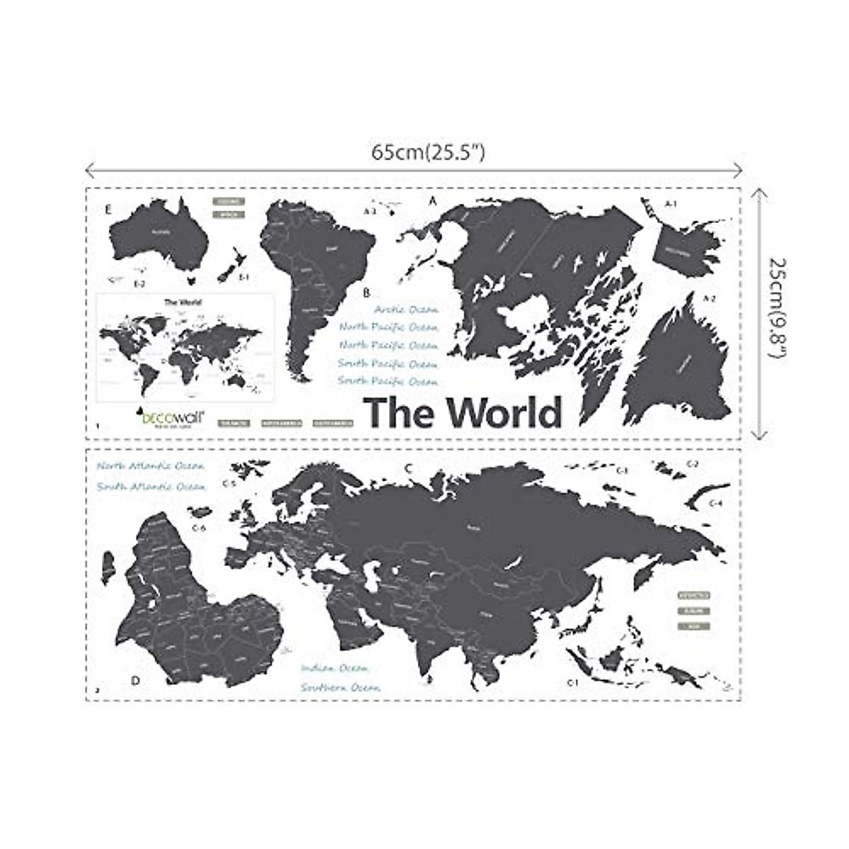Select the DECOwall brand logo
pos(171,418)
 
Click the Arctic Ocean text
pos(406,309)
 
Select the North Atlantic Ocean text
pos(151,466)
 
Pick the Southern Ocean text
pos(340,687)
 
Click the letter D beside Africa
pos(135,681)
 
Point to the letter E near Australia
pos(108,209)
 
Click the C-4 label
pos(716,503)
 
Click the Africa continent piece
pos(191,608)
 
